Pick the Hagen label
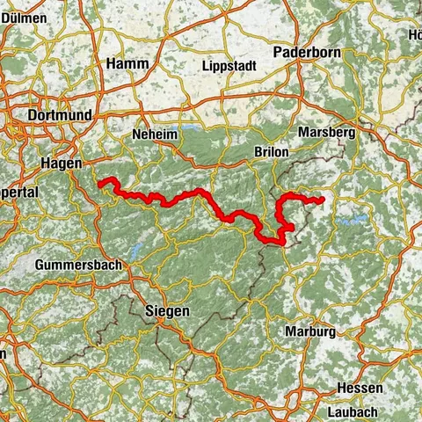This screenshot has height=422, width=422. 61,164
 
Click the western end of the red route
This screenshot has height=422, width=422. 100,183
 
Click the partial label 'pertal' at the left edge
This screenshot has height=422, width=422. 18,192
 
